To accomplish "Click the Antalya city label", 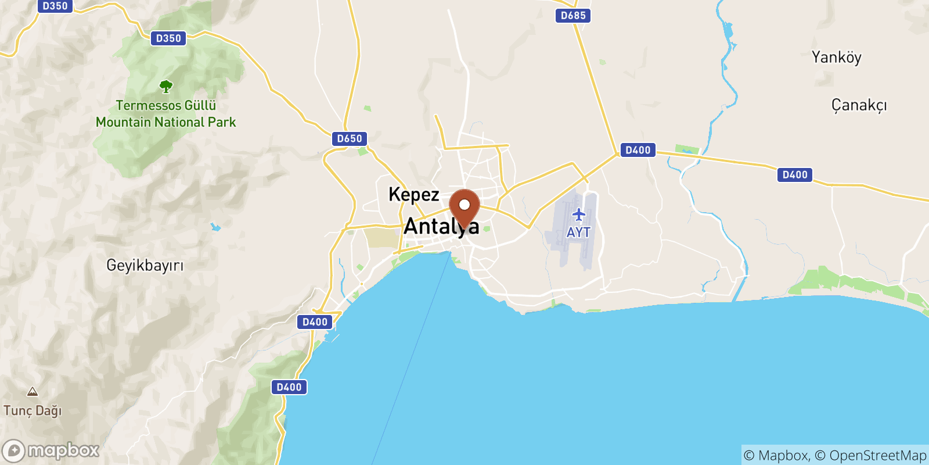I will tap(441, 226).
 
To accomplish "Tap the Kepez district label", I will tap(413, 194).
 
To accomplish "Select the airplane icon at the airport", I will tap(579, 215).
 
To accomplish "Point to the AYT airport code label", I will tap(578, 233).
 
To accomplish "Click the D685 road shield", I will tap(573, 16).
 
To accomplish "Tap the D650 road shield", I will tap(350, 139).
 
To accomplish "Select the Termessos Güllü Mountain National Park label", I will tap(166, 114).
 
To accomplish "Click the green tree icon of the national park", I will tap(166, 87).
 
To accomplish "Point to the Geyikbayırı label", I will tap(145, 266).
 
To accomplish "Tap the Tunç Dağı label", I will tap(33, 411).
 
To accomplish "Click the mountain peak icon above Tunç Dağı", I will tap(33, 392).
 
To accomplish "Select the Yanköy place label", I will tap(836, 57).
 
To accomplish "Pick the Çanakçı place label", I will tap(859, 105).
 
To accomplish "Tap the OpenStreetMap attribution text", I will tap(877, 456).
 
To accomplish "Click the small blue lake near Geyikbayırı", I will tap(216, 227).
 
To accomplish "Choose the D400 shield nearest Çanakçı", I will tap(795, 175).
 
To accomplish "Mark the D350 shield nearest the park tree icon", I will tap(168, 38).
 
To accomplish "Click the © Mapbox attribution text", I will tap(776, 456).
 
